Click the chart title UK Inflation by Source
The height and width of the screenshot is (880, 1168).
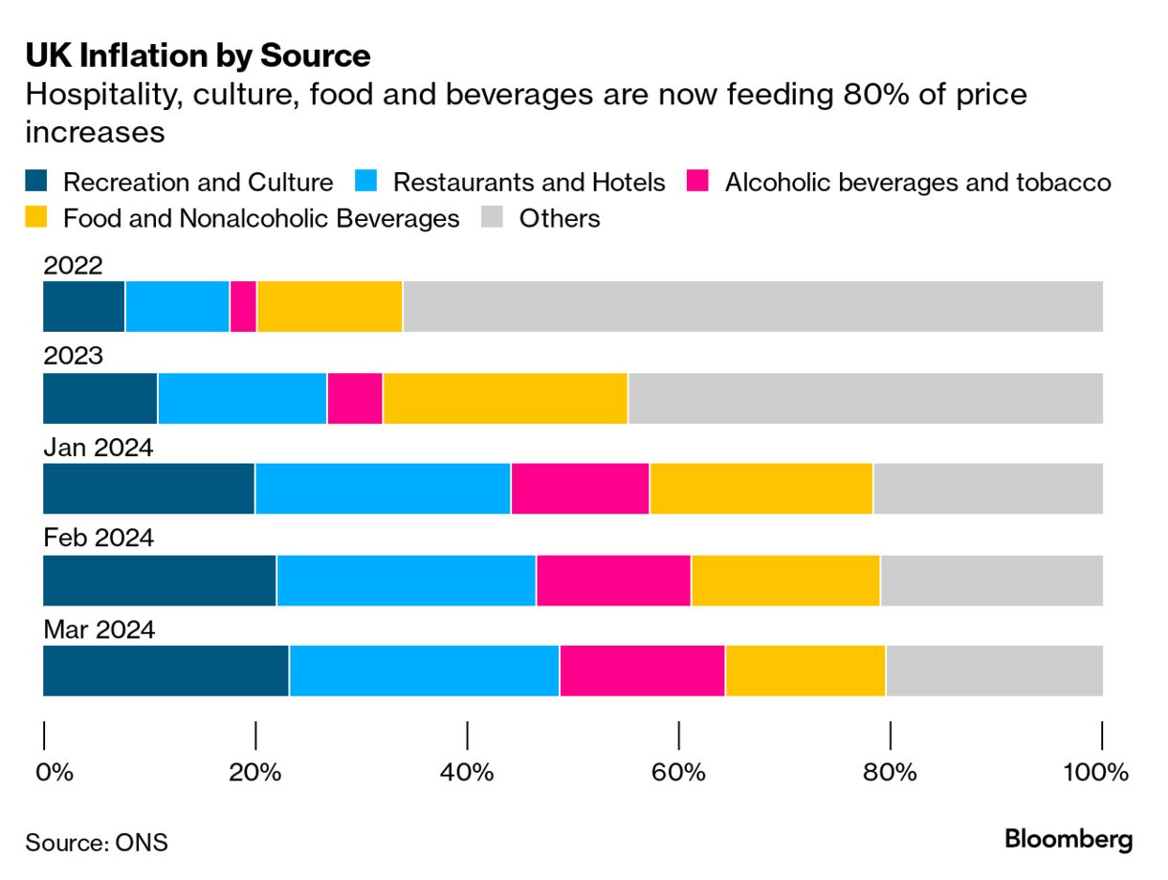[x=197, y=56]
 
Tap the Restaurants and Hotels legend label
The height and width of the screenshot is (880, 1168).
[x=529, y=182]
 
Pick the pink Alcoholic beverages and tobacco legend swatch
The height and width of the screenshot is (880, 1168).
[x=698, y=182]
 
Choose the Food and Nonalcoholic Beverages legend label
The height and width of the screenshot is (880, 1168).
[x=261, y=218]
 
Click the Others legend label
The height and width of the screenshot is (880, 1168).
[x=560, y=218]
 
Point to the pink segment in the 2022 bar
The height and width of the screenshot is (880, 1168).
[x=243, y=306]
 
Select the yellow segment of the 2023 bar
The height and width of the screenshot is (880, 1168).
[x=505, y=397]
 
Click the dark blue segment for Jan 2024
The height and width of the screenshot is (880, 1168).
[x=148, y=488]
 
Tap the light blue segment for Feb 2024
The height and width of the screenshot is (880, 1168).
[x=407, y=580]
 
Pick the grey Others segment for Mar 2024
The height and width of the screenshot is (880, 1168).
[x=994, y=671]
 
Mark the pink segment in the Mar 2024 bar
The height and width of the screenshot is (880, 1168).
[x=642, y=671]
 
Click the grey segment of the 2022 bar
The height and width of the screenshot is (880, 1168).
[x=752, y=306]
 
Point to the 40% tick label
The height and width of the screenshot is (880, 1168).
[x=467, y=772]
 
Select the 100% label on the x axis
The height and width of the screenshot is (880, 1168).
[x=1097, y=772]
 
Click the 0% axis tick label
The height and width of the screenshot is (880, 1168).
[x=55, y=772]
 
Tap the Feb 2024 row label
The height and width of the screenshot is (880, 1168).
[x=99, y=539]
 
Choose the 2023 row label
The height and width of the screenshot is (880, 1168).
[x=73, y=356]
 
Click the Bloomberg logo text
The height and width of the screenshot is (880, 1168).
[x=1069, y=840]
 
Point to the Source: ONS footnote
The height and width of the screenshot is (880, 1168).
[x=97, y=842]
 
